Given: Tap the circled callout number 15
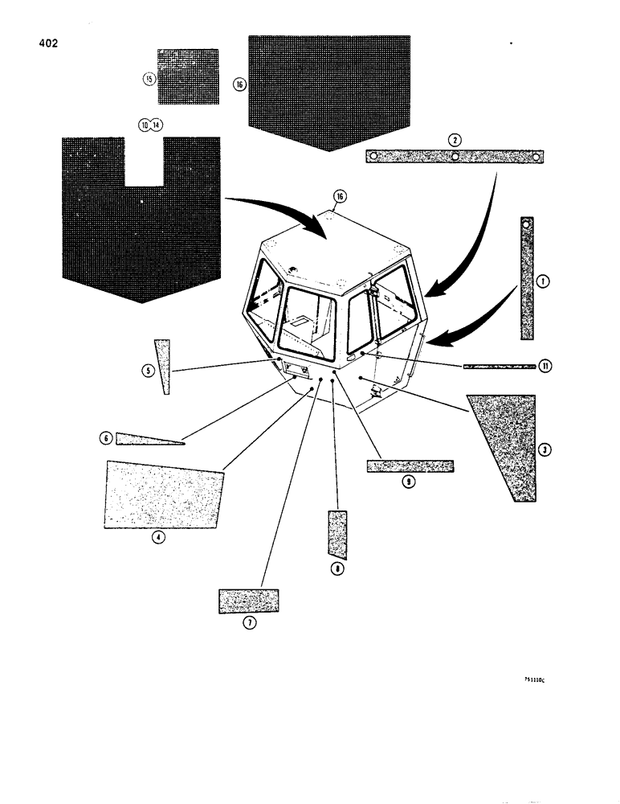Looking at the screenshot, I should [x=148, y=78].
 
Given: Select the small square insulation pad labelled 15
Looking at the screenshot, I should [x=187, y=76].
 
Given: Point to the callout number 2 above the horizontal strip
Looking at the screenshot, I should [x=455, y=139].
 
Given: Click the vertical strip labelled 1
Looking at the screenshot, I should [x=527, y=279].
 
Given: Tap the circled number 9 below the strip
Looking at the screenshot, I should [x=409, y=482].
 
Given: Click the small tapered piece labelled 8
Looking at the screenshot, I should [x=337, y=533].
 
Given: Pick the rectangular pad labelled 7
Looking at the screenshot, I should [x=249, y=600].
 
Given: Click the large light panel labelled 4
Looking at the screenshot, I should [x=163, y=494].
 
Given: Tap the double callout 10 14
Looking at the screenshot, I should [x=149, y=125].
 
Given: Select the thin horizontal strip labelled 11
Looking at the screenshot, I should [x=499, y=366].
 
